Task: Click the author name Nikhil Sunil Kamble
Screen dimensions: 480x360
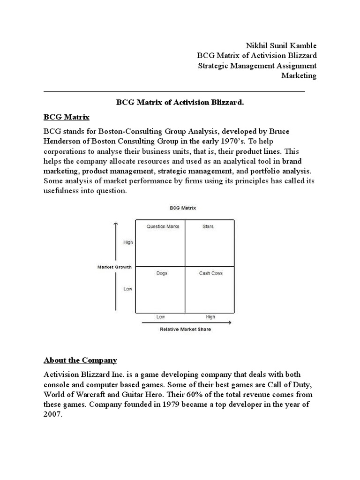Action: tap(281, 45)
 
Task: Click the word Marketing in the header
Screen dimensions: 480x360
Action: tap(299, 75)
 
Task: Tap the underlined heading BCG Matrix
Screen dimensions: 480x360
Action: tap(66, 116)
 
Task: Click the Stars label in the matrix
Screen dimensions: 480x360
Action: tap(208, 226)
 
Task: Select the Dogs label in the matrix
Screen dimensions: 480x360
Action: tap(162, 273)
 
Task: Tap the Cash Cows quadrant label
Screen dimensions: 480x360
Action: tap(210, 273)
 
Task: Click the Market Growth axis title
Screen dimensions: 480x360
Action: tap(114, 267)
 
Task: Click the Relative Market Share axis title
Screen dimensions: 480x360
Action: tap(185, 329)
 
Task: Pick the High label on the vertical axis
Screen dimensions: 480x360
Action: tap(128, 242)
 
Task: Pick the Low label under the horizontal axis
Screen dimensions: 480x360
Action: tap(160, 317)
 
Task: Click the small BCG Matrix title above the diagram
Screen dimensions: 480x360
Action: tap(183, 208)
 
